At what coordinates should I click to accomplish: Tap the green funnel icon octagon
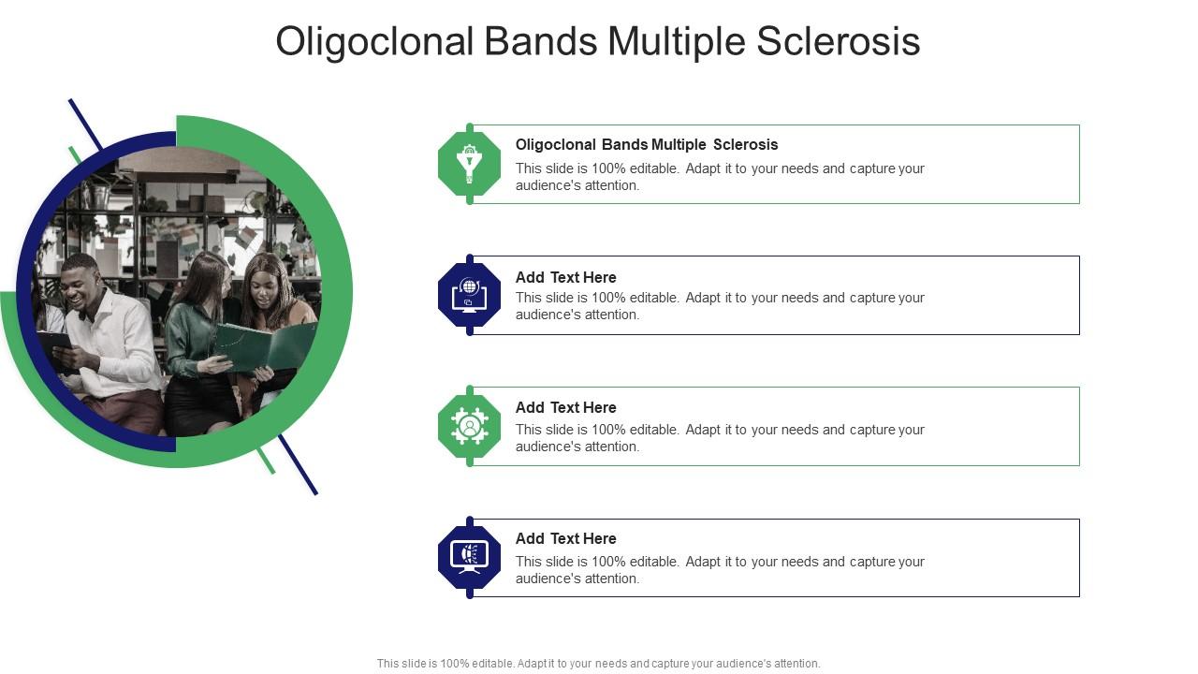[469, 164]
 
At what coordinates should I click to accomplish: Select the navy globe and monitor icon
[469, 295]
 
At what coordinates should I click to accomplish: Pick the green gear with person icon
[469, 426]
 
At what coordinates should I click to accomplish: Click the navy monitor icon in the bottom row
[469, 557]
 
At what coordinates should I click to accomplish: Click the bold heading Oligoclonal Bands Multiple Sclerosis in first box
[647, 144]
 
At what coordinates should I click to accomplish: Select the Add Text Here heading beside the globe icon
[565, 277]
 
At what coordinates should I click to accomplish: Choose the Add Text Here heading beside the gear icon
[565, 407]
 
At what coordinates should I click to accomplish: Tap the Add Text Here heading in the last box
[565, 538]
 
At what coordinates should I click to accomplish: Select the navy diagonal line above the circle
[84, 124]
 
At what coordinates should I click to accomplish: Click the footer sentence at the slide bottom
[598, 663]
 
